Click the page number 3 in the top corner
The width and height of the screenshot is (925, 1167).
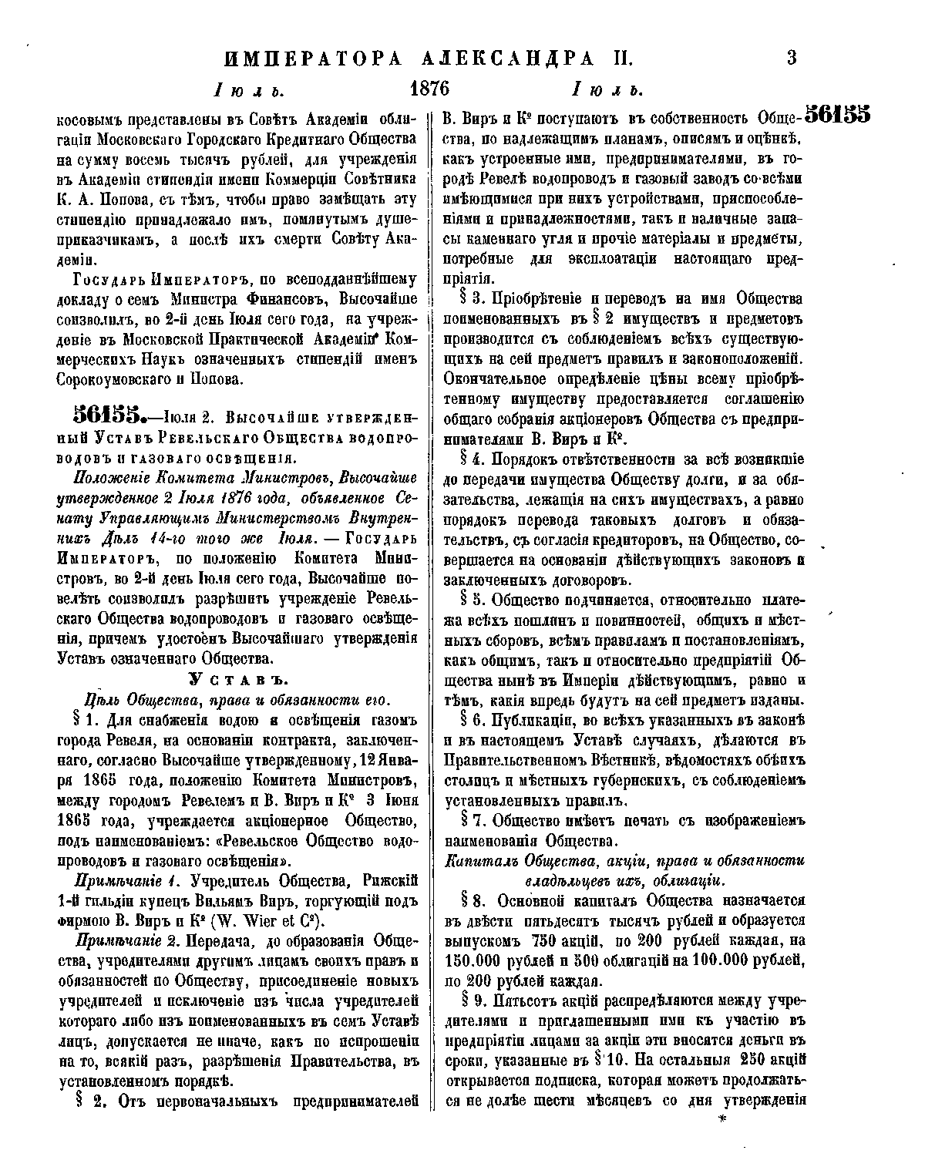point(791,58)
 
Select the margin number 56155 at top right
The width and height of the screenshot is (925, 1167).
point(836,115)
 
